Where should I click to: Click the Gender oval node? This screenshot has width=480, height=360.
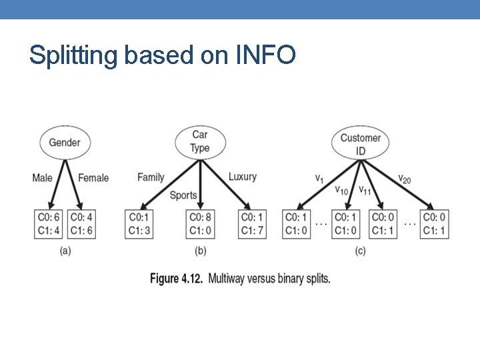click(65, 142)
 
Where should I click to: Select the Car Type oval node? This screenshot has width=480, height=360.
click(200, 141)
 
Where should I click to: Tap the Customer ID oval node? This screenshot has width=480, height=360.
click(360, 144)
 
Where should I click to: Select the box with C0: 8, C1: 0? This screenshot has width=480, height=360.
click(199, 224)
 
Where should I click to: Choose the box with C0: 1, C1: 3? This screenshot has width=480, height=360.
click(140, 224)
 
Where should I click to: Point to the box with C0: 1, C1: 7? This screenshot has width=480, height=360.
click(252, 224)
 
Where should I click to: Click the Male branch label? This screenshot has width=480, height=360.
click(42, 178)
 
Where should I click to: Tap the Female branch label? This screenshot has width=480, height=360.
click(93, 178)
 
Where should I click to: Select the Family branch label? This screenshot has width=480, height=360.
click(151, 177)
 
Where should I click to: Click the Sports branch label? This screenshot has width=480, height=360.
click(183, 195)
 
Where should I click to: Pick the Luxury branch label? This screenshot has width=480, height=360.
click(242, 177)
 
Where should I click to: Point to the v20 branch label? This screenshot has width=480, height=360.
click(404, 178)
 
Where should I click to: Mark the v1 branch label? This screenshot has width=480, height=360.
click(320, 178)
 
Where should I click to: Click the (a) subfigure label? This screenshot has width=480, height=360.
click(65, 251)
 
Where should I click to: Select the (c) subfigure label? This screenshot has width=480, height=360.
click(360, 251)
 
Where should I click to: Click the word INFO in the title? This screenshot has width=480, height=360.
click(265, 55)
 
